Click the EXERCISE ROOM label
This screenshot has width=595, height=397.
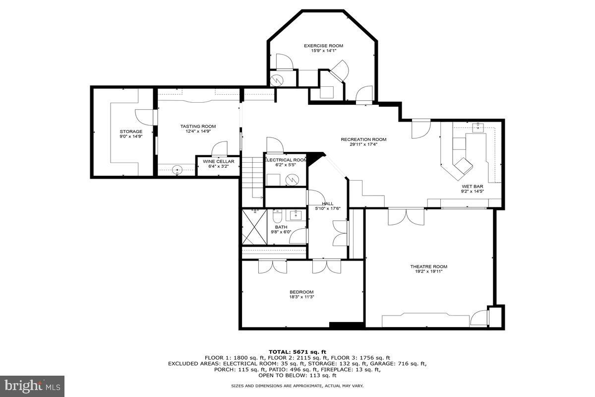(323, 46)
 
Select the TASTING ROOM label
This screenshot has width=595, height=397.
(198, 127)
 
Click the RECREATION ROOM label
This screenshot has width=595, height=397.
(363, 139)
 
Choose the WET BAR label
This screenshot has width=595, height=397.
(472, 187)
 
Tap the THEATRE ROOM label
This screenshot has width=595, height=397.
(428, 266)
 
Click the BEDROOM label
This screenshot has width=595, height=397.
(301, 292)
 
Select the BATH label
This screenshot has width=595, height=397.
(281, 227)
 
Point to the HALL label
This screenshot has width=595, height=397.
(327, 203)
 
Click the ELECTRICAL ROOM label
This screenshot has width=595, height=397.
(286, 160)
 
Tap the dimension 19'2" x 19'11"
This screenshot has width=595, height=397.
(428, 271)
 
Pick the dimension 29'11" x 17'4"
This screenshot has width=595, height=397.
(363, 145)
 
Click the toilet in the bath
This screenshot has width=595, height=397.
(277, 217)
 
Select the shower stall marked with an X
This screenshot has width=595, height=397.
(254, 227)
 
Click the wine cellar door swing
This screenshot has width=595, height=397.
(220, 149)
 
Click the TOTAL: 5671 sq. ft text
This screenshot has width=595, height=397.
(297, 351)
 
